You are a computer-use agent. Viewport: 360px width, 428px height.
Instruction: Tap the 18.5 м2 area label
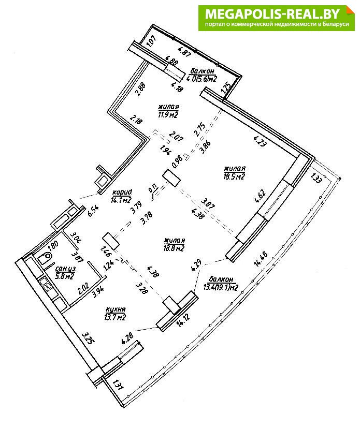click(x=234, y=173)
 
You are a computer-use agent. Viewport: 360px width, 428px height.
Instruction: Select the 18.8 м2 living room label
click(x=174, y=244)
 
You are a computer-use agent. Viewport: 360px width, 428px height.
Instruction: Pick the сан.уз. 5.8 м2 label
click(x=59, y=272)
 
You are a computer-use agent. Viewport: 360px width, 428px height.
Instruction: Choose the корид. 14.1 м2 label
click(x=121, y=195)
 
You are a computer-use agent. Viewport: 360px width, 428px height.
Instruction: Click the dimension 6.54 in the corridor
click(x=93, y=211)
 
